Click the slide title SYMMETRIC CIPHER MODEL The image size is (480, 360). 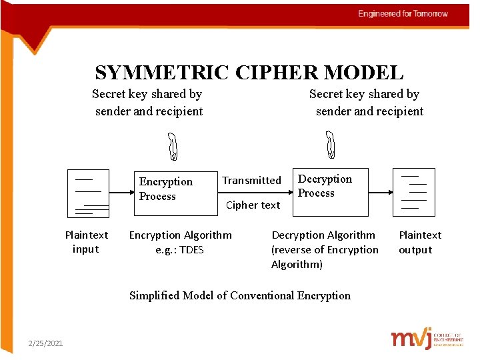(x=249, y=72)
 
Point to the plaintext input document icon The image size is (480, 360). (x=88, y=193)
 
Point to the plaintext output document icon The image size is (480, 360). (x=413, y=192)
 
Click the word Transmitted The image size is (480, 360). (x=251, y=181)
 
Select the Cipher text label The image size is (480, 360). (x=253, y=205)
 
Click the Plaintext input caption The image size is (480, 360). (x=86, y=242)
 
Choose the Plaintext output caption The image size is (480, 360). (x=419, y=242)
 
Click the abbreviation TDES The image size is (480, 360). (x=191, y=250)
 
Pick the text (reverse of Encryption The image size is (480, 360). (x=325, y=250)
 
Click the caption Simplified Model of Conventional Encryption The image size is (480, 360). (x=239, y=295)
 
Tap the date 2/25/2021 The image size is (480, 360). (x=45, y=343)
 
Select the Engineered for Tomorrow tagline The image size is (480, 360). (x=403, y=14)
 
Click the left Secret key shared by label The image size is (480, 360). (x=147, y=95)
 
